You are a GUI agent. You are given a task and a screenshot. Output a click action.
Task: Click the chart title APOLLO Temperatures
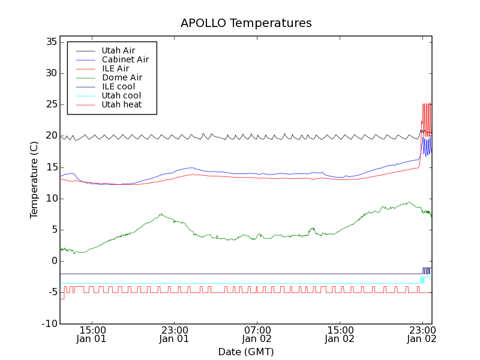tap(246, 23)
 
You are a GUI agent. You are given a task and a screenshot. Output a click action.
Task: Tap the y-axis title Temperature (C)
tap(34, 179)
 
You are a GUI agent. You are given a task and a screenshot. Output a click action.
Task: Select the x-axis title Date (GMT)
tap(246, 352)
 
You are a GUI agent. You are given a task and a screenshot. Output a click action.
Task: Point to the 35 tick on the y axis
tap(60, 42)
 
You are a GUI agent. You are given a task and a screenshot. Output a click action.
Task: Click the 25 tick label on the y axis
tap(50, 104)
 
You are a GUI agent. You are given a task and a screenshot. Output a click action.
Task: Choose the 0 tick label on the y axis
tap(53, 261)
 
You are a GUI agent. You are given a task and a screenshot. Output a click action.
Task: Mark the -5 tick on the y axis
tap(60, 292)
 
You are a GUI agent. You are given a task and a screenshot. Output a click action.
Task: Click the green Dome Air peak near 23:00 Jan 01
tap(161, 214)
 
